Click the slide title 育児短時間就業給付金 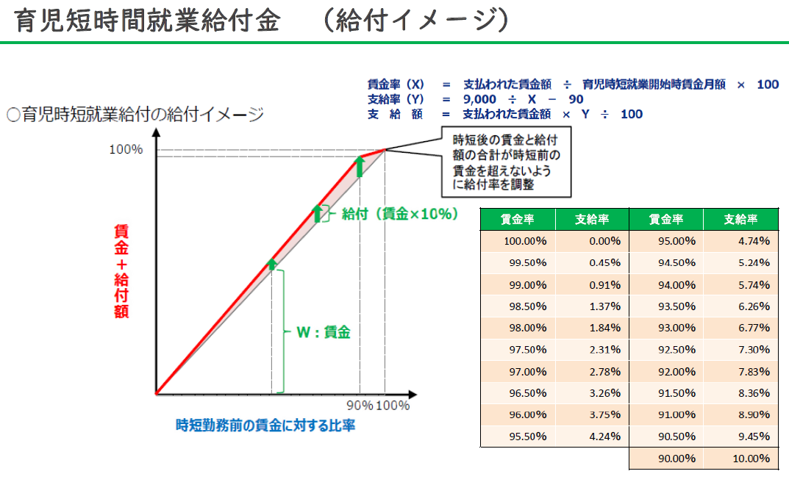click(x=147, y=21)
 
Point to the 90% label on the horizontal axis click(x=360, y=406)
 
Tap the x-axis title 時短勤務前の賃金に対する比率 click(x=265, y=425)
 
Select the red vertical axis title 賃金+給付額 click(x=121, y=270)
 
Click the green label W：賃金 click(x=323, y=332)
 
